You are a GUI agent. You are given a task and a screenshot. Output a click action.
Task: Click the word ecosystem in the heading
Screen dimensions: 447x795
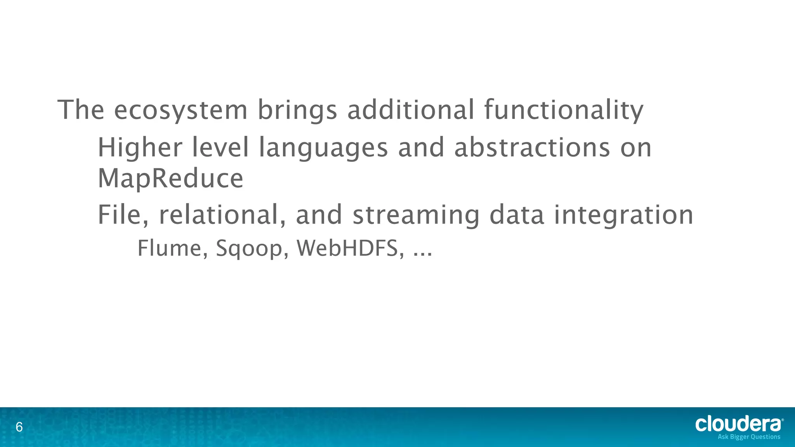(x=181, y=110)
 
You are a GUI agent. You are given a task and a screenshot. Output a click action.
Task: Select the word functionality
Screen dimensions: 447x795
(x=564, y=110)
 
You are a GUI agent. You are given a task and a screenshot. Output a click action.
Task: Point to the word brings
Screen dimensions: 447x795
(x=297, y=110)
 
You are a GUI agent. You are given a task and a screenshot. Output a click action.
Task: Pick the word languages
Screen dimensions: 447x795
(x=323, y=148)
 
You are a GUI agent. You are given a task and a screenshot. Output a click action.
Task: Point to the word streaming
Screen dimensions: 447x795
(x=416, y=215)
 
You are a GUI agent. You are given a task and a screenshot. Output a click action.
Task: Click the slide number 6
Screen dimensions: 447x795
(x=19, y=428)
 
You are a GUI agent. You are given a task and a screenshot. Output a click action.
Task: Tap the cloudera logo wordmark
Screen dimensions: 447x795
(x=738, y=424)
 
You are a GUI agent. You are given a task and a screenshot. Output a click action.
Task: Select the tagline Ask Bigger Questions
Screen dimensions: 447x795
(x=749, y=437)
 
